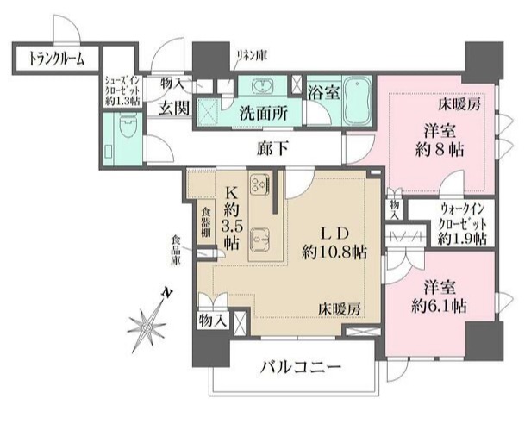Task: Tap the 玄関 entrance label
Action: point(174,108)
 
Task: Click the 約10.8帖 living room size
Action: point(334,252)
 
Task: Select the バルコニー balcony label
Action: point(301,369)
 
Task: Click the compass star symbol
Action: point(146,324)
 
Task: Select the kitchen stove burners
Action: point(259,183)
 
